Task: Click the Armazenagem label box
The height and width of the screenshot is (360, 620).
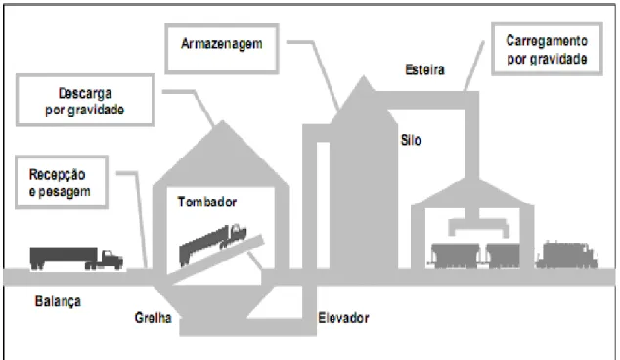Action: [222, 49]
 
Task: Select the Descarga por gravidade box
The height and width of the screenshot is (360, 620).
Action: [85, 100]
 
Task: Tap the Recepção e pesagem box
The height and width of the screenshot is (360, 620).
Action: [62, 182]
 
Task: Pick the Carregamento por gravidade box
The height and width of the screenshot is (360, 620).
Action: [547, 49]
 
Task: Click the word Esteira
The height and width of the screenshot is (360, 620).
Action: [424, 69]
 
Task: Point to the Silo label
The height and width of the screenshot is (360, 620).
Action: [411, 140]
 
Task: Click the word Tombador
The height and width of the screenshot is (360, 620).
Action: [206, 202]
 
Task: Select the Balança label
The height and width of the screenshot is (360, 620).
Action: [58, 301]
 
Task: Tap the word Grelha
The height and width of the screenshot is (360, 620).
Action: [153, 317]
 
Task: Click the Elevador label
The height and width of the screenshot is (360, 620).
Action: [343, 317]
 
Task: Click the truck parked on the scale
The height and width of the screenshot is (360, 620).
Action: [76, 258]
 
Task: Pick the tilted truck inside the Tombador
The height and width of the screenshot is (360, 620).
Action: [213, 244]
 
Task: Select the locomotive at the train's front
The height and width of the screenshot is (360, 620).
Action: [566, 255]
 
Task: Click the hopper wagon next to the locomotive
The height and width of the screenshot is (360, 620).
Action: [503, 255]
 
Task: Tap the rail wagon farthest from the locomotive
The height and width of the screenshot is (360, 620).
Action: [455, 255]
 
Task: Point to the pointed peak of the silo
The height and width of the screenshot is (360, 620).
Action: [363, 76]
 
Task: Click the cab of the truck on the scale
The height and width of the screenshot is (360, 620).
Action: [111, 260]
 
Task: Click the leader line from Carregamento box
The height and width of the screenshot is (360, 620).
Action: [473, 67]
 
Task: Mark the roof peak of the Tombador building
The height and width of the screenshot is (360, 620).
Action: [223, 121]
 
